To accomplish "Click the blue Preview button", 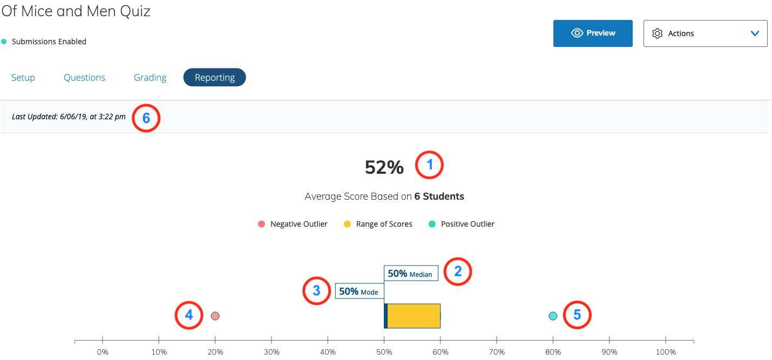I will point(593,33).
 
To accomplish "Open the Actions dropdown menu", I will point(705,33).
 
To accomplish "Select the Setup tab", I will point(23,78).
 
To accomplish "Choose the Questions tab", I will point(84,78).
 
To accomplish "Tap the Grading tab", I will point(150,78).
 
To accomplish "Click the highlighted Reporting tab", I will point(214,78).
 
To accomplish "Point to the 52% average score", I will point(384,167).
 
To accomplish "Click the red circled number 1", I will point(429,165).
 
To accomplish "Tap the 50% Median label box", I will point(410,274).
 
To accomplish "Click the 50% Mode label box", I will point(358,291).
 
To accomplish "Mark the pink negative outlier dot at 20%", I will point(215,316).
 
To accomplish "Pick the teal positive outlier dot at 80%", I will point(553,316).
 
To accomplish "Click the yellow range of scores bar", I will point(414,316).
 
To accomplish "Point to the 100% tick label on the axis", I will point(666,352).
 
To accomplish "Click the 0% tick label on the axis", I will point(103,352).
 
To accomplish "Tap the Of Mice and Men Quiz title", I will point(76,11).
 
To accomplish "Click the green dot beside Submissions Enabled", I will point(4,42).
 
